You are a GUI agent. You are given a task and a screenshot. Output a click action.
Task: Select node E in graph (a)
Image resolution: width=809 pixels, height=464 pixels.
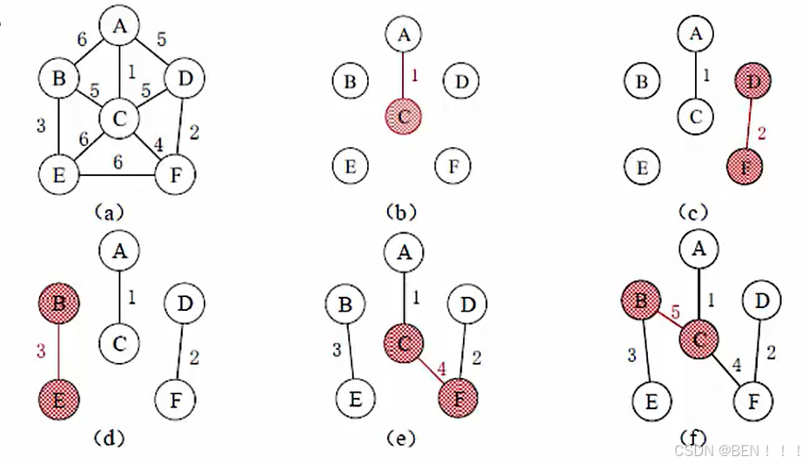[x=58, y=174]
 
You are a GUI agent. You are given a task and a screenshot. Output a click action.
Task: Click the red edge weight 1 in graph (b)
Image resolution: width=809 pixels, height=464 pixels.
[x=414, y=75]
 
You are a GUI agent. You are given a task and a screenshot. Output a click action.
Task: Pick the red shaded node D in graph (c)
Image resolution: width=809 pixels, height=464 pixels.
[x=750, y=83]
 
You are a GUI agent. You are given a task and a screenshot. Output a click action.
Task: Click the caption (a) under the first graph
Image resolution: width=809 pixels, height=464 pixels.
[x=111, y=211]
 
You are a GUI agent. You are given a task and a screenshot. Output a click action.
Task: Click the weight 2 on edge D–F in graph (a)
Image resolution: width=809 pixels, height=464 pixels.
[x=193, y=132]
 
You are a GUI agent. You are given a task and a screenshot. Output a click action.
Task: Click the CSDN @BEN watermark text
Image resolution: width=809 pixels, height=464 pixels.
[x=736, y=449]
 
